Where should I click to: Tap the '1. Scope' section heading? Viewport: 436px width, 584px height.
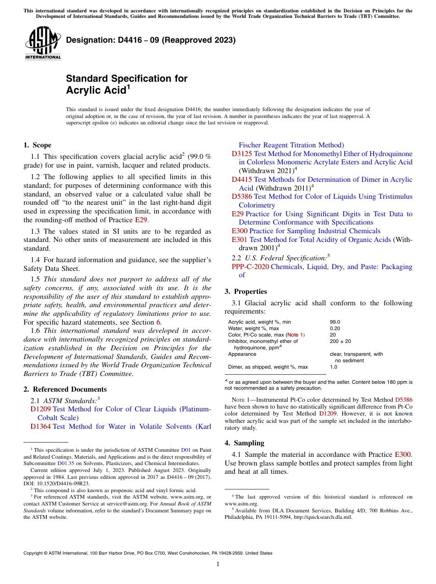click(37, 145)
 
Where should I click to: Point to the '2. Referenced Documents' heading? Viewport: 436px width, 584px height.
click(59, 389)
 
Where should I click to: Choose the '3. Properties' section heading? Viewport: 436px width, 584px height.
click(246, 292)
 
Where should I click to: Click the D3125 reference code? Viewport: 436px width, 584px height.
click(242, 154)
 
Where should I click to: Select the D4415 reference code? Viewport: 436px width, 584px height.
click(242, 180)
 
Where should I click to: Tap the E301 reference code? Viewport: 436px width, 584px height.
click(240, 240)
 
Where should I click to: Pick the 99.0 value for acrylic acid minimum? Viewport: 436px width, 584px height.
click(335, 322)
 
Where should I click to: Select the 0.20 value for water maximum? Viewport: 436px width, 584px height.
click(335, 329)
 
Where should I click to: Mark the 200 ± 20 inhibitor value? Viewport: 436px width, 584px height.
click(340, 342)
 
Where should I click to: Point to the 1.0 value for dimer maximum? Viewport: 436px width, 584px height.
click(333, 367)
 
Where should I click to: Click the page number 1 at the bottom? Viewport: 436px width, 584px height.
click(218, 564)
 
